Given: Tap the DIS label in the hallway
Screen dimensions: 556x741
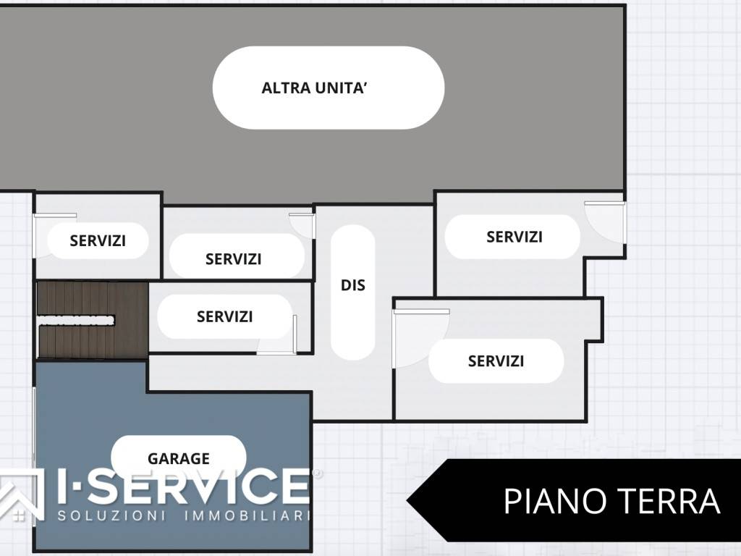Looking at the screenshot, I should pyautogui.click(x=352, y=285).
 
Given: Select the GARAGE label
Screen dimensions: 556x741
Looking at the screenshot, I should pyautogui.click(x=178, y=458).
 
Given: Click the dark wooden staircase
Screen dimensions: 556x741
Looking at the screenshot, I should pyautogui.click(x=92, y=319).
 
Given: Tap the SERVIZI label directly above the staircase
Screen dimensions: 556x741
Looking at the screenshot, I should pyautogui.click(x=98, y=241).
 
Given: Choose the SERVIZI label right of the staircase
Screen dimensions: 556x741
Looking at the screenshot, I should pyautogui.click(x=224, y=316).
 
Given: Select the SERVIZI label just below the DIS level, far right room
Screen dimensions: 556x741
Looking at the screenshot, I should pyautogui.click(x=496, y=361).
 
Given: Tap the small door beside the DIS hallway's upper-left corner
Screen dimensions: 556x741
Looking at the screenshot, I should pyautogui.click(x=302, y=224).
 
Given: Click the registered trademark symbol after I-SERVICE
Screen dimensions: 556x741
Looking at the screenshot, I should pyautogui.click(x=317, y=473).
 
